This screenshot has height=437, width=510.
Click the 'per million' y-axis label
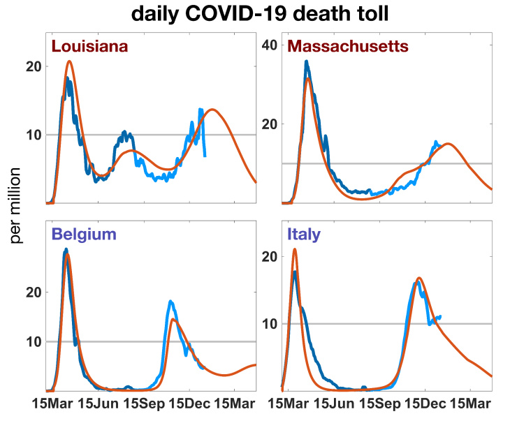pyautogui.click(x=17, y=206)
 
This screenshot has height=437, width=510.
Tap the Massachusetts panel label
pyautogui.click(x=348, y=46)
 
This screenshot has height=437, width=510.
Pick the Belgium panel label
pyautogui.click(x=84, y=234)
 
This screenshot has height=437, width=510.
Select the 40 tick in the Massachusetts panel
pyautogui.click(x=270, y=45)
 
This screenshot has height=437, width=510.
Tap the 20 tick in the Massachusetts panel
pyautogui.click(x=270, y=124)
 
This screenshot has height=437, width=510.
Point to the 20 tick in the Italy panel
pyautogui.click(x=270, y=256)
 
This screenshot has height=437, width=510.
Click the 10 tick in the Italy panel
pyautogui.click(x=270, y=324)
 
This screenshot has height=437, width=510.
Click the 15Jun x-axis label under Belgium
pyautogui.click(x=98, y=403)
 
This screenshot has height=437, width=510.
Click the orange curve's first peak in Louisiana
pyautogui.click(x=69, y=61)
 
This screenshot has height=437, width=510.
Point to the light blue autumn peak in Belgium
pyautogui.click(x=170, y=302)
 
